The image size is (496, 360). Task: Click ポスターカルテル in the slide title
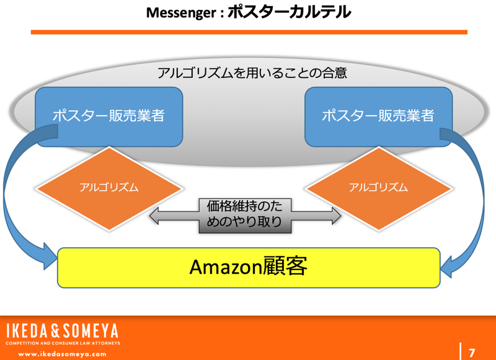point(289,11)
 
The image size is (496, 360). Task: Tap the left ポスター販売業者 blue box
point(108,116)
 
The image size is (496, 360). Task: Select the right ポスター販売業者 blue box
point(378,116)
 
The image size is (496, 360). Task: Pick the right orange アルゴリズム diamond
point(378,187)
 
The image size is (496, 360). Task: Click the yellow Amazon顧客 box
point(248,267)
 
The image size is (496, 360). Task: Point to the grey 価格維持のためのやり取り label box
point(245,216)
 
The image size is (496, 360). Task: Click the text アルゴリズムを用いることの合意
point(252,72)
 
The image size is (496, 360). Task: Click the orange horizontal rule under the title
point(248,32)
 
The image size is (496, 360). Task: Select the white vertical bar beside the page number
point(460,350)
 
